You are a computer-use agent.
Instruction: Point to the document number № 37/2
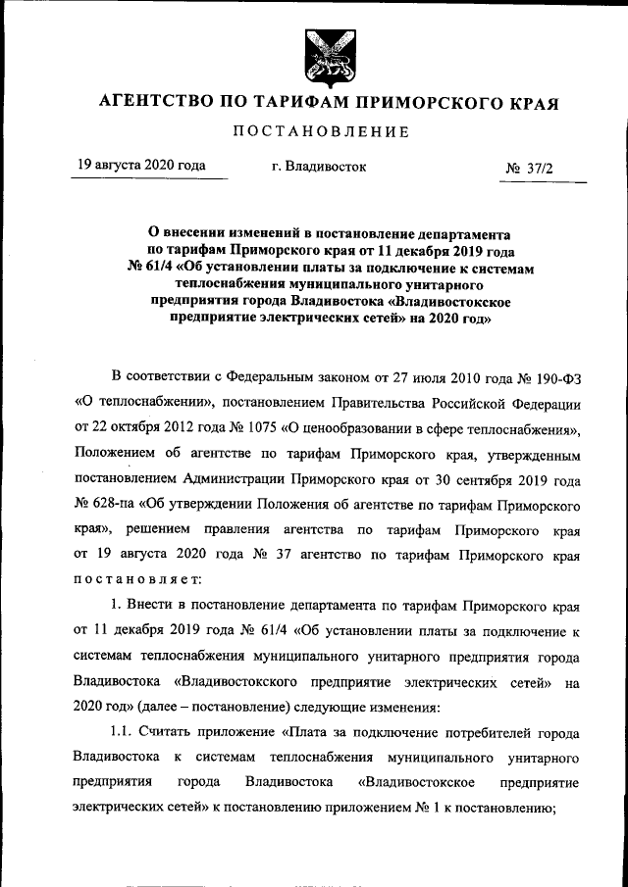point(529,169)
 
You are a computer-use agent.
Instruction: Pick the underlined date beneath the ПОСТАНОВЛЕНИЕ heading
point(141,166)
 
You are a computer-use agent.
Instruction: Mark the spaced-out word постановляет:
point(136,579)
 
